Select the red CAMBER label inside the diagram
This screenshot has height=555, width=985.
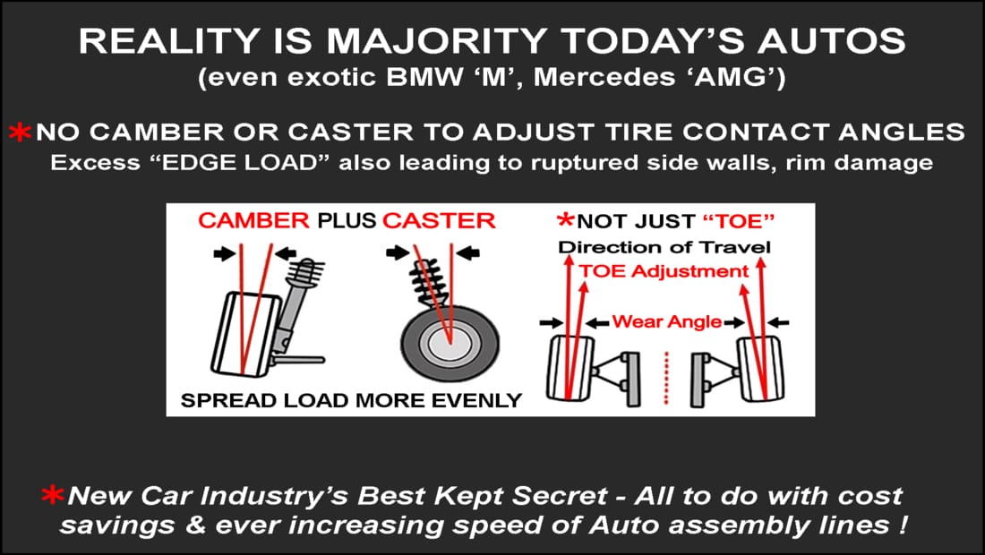click(254, 221)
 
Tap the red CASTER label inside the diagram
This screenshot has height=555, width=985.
click(439, 221)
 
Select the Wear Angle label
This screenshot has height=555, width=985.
click(667, 321)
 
